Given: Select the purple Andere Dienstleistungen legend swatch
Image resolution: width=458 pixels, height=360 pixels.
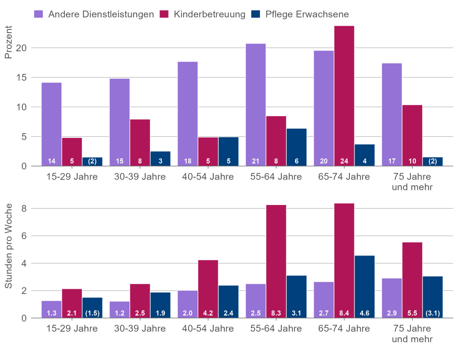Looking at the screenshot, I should [39, 14].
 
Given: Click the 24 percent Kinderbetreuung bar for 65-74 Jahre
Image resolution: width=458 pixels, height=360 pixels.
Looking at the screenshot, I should [344, 95].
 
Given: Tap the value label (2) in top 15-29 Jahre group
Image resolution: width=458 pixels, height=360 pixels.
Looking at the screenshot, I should [92, 161].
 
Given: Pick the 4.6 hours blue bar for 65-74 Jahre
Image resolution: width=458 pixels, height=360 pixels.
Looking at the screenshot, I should [365, 286].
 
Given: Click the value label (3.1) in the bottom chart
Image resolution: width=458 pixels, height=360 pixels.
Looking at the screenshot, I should [433, 313].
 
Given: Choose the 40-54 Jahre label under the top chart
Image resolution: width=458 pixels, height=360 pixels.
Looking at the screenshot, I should [208, 177].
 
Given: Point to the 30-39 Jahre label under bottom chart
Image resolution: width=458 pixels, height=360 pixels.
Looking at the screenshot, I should [140, 329].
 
